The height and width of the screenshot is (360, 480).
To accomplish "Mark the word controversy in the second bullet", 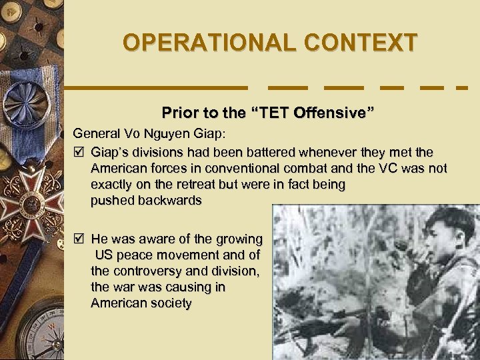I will (146, 271).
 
